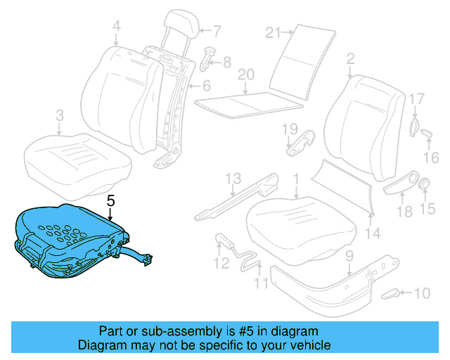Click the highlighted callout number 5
point(110,200)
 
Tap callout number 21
point(274,32)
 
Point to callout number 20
point(245,74)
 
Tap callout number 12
point(222,264)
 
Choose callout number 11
point(261,285)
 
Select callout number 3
point(59,115)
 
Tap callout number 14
point(373,233)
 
